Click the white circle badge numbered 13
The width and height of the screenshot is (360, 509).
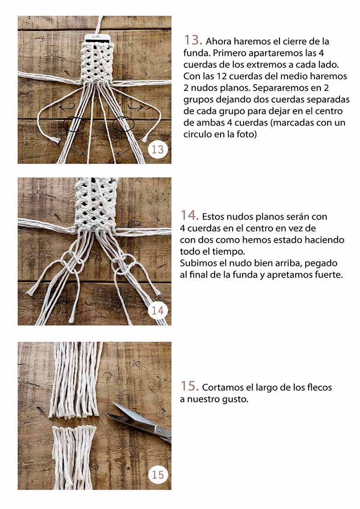[x=157, y=149]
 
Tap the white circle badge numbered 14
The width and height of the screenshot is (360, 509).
[x=157, y=311]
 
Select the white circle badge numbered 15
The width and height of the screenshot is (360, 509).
[x=158, y=475]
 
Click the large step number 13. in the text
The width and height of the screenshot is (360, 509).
[x=193, y=40]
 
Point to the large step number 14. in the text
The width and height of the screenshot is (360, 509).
[x=189, y=216]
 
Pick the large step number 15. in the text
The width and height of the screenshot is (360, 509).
[x=189, y=386]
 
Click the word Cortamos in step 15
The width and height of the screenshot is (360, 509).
[x=222, y=387]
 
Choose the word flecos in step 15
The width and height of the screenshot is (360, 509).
[x=319, y=387]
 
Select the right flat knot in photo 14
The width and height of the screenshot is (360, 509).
[x=123, y=264]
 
